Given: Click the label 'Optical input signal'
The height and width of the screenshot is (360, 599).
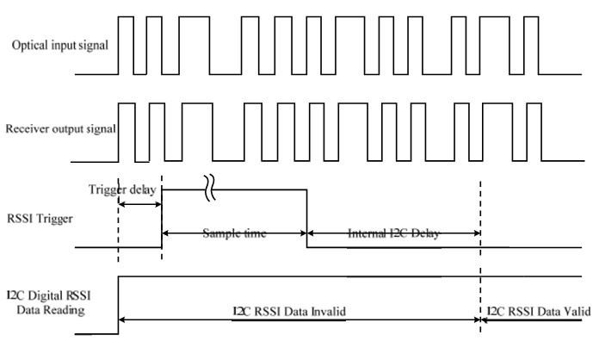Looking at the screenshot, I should (59, 45).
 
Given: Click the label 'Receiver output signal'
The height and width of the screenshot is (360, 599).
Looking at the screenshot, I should (61, 129).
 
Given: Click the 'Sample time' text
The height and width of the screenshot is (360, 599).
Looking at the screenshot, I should (233, 233).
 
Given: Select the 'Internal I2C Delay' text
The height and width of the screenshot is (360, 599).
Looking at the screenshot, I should (392, 233).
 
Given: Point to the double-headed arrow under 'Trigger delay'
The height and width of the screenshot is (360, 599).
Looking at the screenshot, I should (139, 204).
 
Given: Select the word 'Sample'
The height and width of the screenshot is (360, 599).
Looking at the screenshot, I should (219, 233).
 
